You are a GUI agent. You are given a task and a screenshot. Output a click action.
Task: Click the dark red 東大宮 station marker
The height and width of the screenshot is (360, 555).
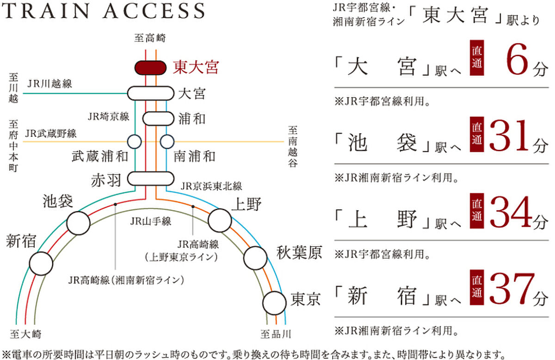tap(150, 68)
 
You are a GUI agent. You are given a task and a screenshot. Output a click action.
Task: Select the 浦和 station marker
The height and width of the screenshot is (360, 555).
tap(158, 119)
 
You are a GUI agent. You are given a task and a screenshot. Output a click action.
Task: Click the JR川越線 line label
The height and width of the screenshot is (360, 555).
tap(49, 84)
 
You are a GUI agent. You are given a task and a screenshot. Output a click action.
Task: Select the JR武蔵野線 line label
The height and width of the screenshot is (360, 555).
tap(51, 134)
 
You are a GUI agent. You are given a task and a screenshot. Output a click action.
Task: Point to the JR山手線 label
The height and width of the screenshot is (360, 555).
tap(151, 221)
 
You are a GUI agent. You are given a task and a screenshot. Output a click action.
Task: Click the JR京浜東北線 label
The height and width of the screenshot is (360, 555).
tap(211, 186)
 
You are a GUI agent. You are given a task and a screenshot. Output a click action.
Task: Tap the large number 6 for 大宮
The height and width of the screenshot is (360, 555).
tap(517, 60)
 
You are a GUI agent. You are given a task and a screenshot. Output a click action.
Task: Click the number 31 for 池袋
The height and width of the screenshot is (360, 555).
tap(510, 136)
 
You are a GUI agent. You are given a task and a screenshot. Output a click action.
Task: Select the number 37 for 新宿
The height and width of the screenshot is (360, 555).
tap(512, 289)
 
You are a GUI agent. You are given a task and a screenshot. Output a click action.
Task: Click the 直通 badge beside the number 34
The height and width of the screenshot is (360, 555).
tap(477, 211)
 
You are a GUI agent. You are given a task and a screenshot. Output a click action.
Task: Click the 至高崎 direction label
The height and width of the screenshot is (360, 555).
tap(150, 38)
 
